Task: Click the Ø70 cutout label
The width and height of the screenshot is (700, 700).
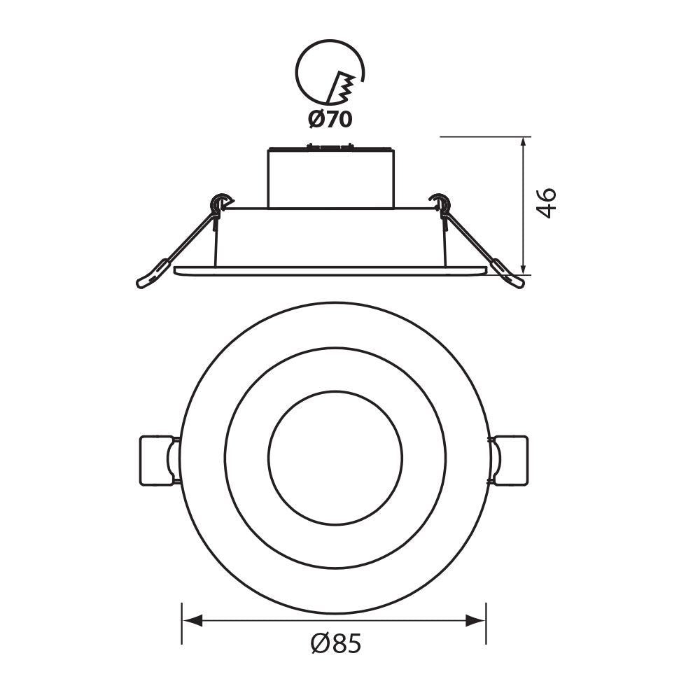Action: click(330, 119)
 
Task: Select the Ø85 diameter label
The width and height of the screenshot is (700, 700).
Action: click(336, 643)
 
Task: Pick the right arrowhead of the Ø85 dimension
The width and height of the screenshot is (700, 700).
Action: click(475, 620)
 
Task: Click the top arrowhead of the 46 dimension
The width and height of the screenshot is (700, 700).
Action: click(524, 146)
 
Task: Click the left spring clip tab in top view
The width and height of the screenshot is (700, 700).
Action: click(157, 460)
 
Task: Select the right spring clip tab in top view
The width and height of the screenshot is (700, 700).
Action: click(510, 460)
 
